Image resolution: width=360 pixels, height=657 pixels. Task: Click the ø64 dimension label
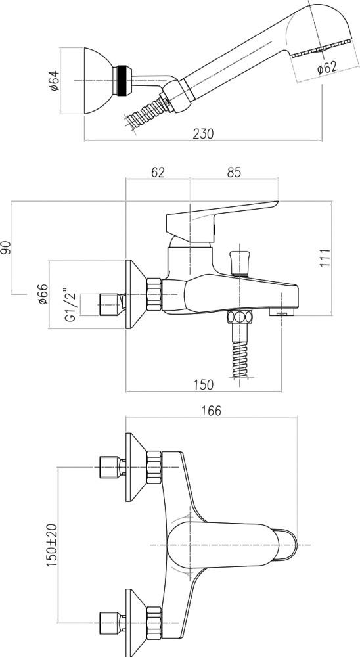point(55,80)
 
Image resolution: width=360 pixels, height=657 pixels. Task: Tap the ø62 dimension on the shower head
point(327,67)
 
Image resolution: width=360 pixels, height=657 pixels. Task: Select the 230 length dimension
point(203,133)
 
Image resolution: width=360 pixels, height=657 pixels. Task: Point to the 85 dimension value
point(234,172)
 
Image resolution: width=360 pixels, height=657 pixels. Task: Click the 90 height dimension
point(7,247)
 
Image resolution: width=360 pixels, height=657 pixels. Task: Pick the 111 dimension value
point(325,258)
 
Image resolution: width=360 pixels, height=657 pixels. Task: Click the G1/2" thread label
point(70,305)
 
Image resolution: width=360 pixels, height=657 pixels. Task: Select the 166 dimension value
point(211,411)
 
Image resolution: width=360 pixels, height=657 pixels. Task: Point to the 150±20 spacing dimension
point(52,545)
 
